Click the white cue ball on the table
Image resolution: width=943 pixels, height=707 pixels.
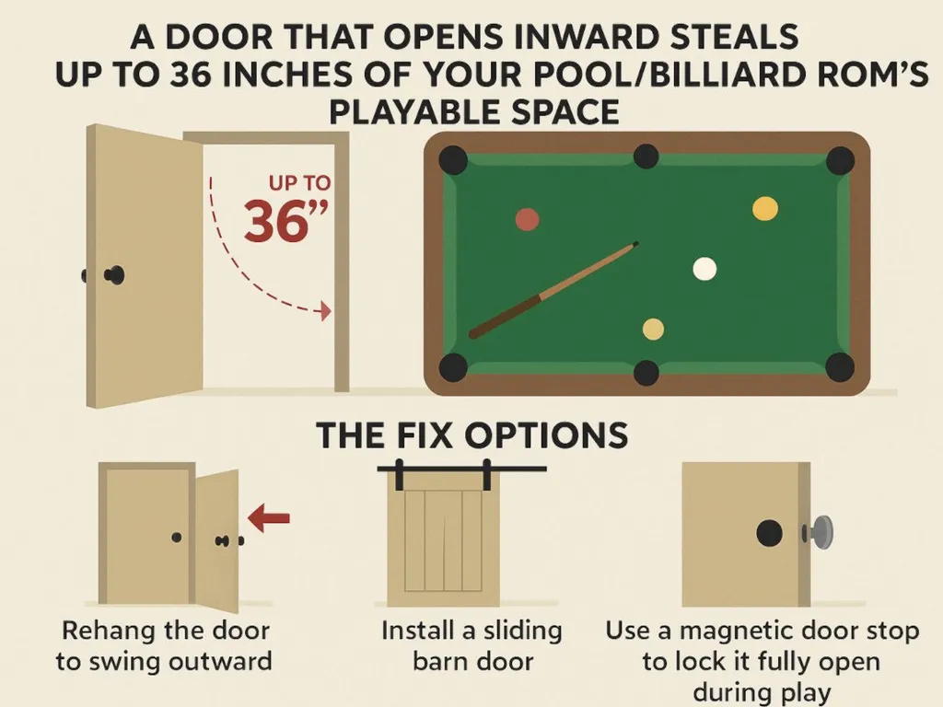click(x=704, y=268)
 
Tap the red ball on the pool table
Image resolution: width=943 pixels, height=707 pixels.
click(x=527, y=219)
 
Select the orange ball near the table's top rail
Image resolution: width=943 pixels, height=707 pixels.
click(x=764, y=209)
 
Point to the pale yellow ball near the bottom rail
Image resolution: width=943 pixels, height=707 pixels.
click(x=653, y=329)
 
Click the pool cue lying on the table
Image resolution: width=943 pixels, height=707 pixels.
click(x=553, y=289)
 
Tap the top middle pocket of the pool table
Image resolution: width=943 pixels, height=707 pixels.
click(x=646, y=156)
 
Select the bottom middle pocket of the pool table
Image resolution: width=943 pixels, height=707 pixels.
click(x=646, y=372)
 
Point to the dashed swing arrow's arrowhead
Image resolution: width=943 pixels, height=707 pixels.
click(x=323, y=312)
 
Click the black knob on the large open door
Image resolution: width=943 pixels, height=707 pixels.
click(x=115, y=274)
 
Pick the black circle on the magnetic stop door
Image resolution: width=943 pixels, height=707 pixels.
click(x=769, y=532)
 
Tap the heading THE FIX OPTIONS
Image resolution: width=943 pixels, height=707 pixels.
click(x=472, y=435)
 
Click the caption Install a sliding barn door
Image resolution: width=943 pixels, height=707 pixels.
click(x=471, y=645)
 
